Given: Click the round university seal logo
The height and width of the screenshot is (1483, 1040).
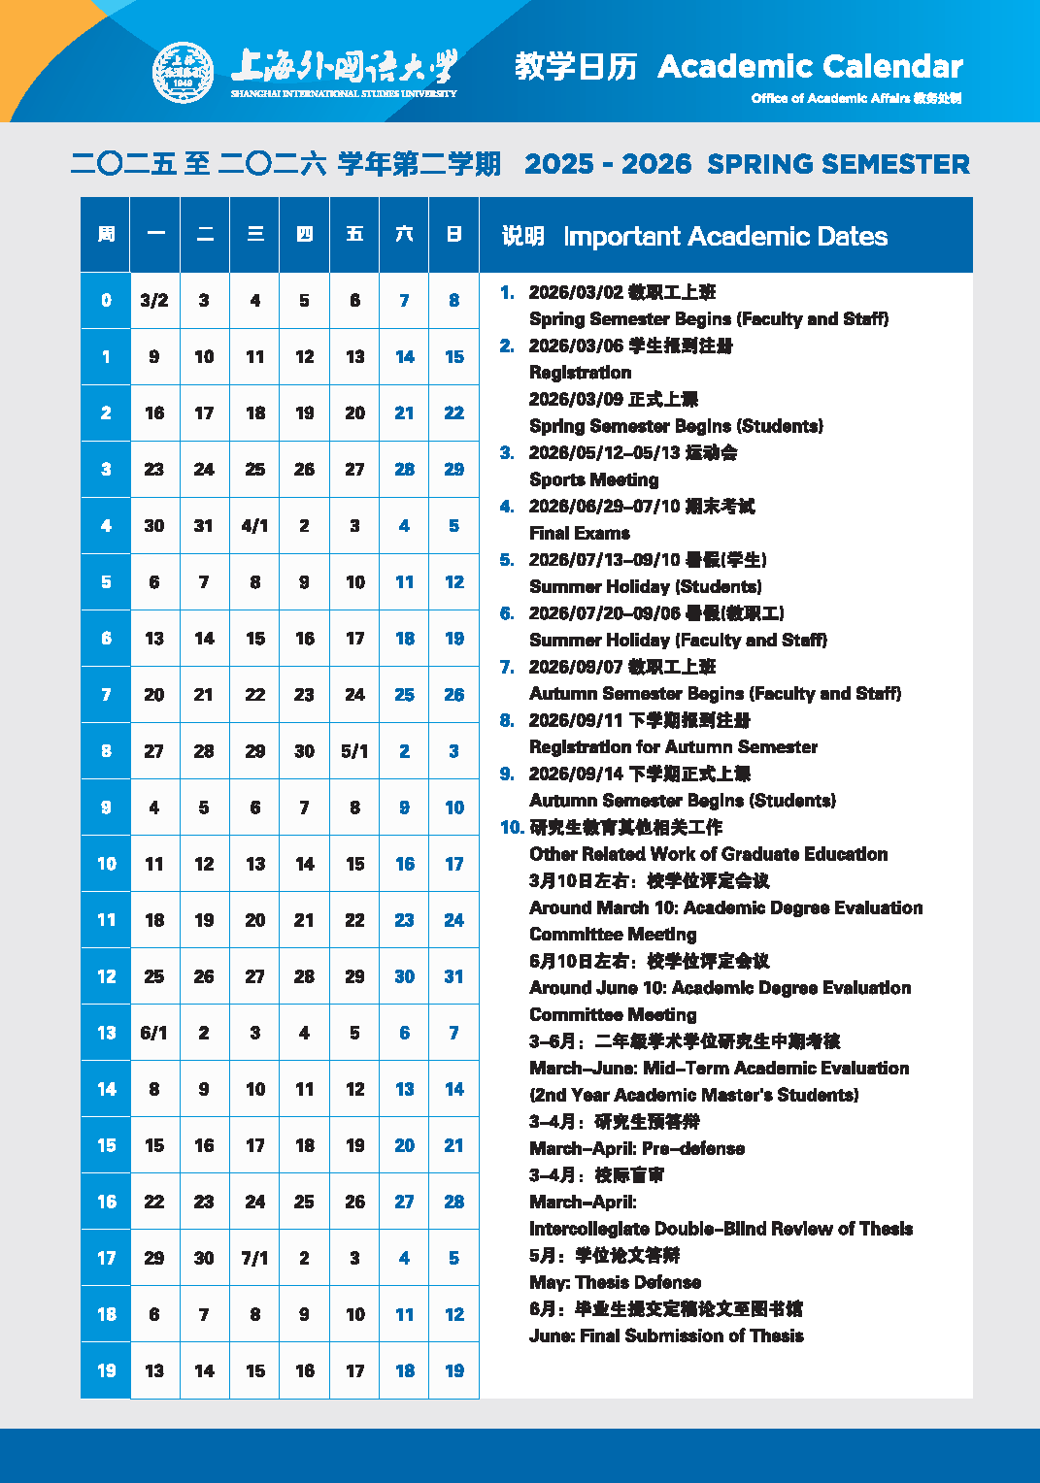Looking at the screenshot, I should (x=183, y=72).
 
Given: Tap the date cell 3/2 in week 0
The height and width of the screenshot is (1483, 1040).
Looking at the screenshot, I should (x=154, y=301).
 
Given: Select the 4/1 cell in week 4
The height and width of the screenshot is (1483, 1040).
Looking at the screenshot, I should (x=254, y=526).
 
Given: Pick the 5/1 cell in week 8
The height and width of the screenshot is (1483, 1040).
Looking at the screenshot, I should (x=354, y=751).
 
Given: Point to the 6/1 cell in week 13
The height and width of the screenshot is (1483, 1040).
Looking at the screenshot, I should (x=154, y=1033).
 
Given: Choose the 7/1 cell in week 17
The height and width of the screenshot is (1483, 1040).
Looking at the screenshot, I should (x=254, y=1258).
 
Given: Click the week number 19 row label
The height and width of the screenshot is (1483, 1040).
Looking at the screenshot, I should (x=106, y=1370).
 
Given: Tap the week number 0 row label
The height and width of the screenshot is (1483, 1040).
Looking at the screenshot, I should (x=106, y=301).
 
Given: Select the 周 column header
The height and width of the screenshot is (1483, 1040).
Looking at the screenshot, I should (x=106, y=234).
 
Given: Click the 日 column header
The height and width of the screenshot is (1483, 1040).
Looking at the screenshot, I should (x=453, y=234).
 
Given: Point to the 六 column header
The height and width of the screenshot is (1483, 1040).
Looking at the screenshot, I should (x=404, y=234).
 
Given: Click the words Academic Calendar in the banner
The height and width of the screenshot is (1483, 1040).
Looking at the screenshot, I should (x=810, y=66).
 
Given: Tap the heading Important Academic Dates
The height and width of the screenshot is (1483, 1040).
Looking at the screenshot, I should (x=724, y=236).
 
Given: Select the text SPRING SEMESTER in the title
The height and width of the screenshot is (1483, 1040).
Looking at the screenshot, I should (x=838, y=164).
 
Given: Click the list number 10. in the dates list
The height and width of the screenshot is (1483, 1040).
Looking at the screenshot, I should (x=512, y=828).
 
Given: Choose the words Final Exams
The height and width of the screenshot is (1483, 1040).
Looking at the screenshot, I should (x=579, y=533).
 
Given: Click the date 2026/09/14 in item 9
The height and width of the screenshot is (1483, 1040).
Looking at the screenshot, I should (x=575, y=774).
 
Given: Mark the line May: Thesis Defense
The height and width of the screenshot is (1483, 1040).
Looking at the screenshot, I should (x=615, y=1282).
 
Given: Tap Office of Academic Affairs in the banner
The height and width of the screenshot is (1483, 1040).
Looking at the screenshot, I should (x=830, y=98).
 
